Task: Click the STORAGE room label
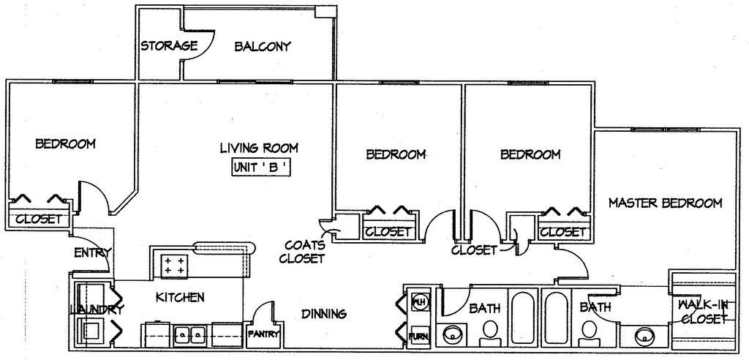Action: click(169, 45)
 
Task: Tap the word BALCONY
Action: click(263, 46)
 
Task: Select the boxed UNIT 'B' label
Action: click(261, 168)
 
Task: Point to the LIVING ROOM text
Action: click(259, 148)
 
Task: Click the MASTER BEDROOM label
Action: click(665, 203)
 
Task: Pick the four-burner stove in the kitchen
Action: click(174, 266)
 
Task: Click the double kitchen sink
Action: click(189, 333)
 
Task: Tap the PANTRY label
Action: click(263, 334)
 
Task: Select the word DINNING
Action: click(324, 314)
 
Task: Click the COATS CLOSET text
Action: click(305, 252)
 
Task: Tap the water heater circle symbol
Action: click(419, 301)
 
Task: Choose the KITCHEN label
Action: click(180, 297)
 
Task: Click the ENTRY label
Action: click(93, 252)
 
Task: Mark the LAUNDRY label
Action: click(97, 310)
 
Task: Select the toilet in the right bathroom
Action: click(589, 333)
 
